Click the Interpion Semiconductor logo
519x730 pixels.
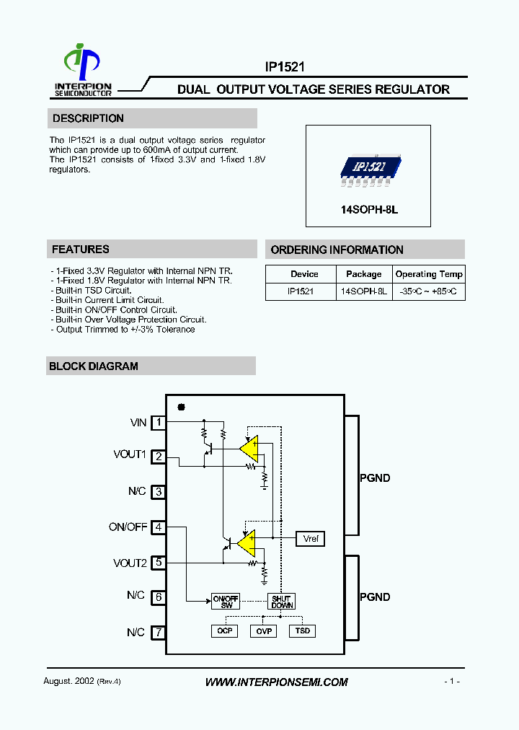click(83, 70)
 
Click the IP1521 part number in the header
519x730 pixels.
click(285, 66)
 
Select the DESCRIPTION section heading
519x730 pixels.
click(88, 118)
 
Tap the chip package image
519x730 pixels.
click(368, 170)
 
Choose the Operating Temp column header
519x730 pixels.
click(429, 274)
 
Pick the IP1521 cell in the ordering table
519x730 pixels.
click(300, 291)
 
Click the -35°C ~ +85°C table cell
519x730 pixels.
click(429, 291)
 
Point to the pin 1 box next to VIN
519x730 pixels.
click(158, 423)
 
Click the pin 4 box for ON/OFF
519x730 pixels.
click(158, 527)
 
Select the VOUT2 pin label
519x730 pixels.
click(130, 563)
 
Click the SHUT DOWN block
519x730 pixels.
click(281, 602)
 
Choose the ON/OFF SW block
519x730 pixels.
click(226, 602)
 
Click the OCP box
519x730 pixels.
click(223, 630)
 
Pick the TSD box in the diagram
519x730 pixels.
click(303, 630)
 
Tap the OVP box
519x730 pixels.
click(263, 630)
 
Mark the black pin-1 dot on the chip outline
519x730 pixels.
click(181, 408)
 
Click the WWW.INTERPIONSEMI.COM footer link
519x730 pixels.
click(276, 682)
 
